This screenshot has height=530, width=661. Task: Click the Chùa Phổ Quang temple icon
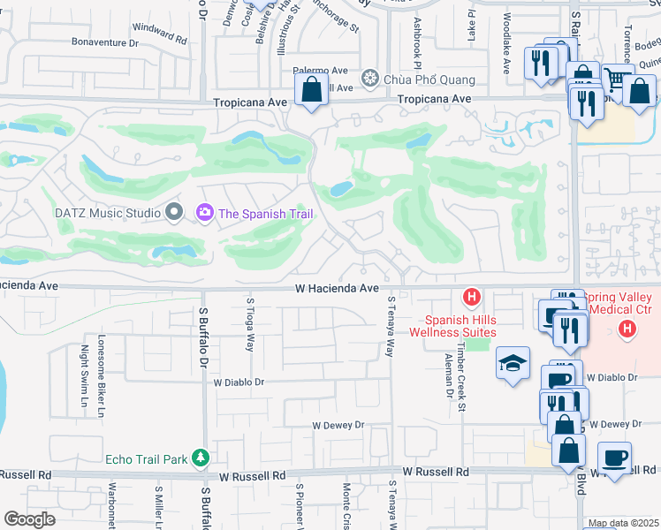tap(369, 80)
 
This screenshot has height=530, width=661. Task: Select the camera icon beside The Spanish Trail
tap(205, 212)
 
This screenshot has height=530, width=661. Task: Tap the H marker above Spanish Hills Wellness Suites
tap(472, 296)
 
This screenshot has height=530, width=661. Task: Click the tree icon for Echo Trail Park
tap(201, 458)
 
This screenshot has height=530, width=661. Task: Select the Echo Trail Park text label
tap(147, 458)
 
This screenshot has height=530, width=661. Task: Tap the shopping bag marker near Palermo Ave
tap(311, 89)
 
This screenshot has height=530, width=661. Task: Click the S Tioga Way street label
tap(250, 326)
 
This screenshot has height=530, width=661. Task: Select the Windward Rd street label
tap(161, 33)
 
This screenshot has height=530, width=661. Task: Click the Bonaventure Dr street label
tap(106, 42)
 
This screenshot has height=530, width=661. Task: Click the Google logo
tap(30, 519)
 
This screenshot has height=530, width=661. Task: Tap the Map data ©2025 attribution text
tap(623, 523)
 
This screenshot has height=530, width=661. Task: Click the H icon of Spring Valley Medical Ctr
tap(627, 330)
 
